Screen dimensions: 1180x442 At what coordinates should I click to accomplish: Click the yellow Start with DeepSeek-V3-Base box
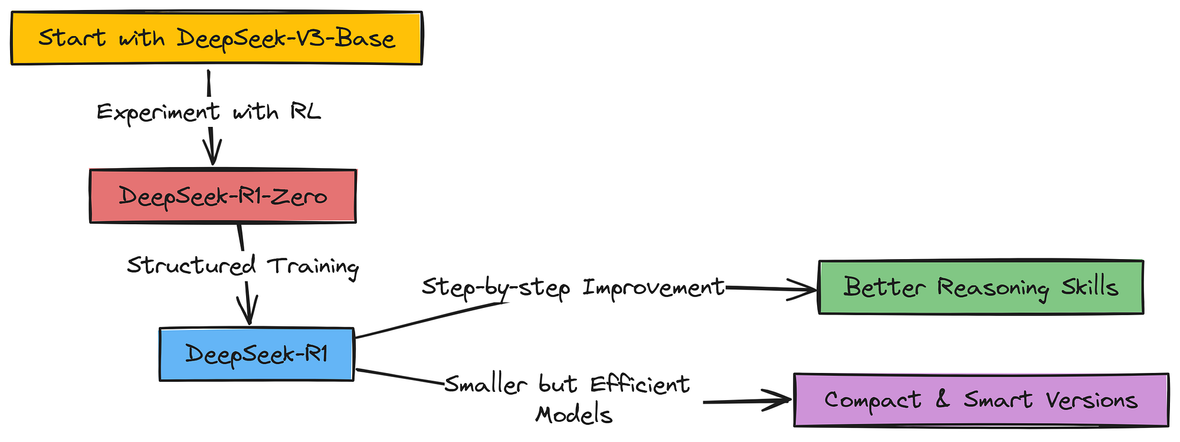pos(217,38)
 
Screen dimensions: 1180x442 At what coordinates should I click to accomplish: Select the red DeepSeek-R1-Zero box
pos(223,196)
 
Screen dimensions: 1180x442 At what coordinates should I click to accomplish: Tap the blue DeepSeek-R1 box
pos(257,354)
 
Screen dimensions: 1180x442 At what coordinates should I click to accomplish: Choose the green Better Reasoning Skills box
pos(981,287)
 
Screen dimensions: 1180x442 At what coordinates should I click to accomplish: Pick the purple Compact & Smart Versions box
pos(981,400)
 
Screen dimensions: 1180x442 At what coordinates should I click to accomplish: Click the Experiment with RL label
pos(209,112)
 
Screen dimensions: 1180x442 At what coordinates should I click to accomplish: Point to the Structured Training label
pos(242,266)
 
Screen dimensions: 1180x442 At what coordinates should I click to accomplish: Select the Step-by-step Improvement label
pos(573,287)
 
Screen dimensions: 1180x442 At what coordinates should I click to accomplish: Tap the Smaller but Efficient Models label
pos(568,400)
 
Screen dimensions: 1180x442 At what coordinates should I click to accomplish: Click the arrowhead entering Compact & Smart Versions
pos(778,400)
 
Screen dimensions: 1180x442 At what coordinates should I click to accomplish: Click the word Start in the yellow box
pos(72,38)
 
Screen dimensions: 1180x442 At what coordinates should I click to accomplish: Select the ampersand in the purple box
pos(943,399)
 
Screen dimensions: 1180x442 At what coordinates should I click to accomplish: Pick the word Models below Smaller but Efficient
pos(573,414)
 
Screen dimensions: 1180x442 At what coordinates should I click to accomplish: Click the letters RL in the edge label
pos(306,110)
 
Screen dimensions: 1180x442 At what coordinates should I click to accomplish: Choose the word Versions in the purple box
pos(1092,400)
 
